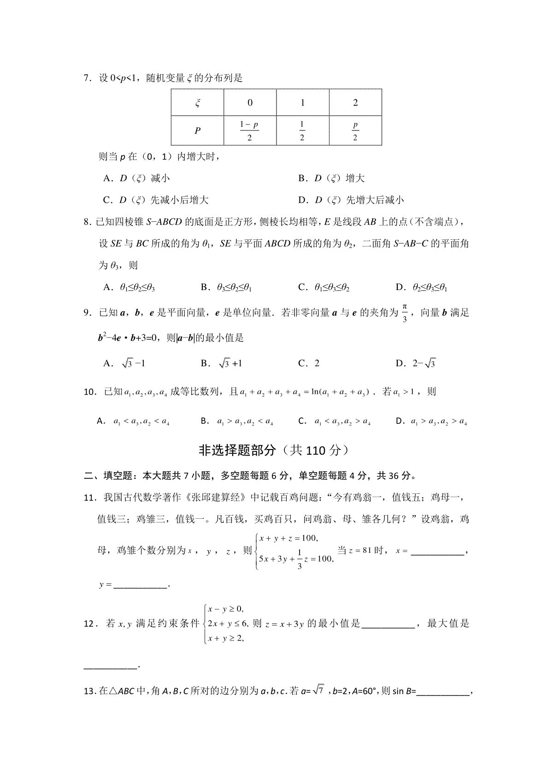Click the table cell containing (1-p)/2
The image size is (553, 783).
(x=250, y=130)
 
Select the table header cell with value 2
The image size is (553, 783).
(x=355, y=102)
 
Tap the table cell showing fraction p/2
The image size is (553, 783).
(x=355, y=130)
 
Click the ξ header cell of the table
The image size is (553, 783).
(x=197, y=102)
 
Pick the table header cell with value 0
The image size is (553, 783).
(x=250, y=102)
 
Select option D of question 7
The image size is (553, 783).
(x=351, y=200)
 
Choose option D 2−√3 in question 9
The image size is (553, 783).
(x=416, y=363)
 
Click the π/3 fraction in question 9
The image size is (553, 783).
(x=405, y=313)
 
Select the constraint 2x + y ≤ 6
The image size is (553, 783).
(x=228, y=623)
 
